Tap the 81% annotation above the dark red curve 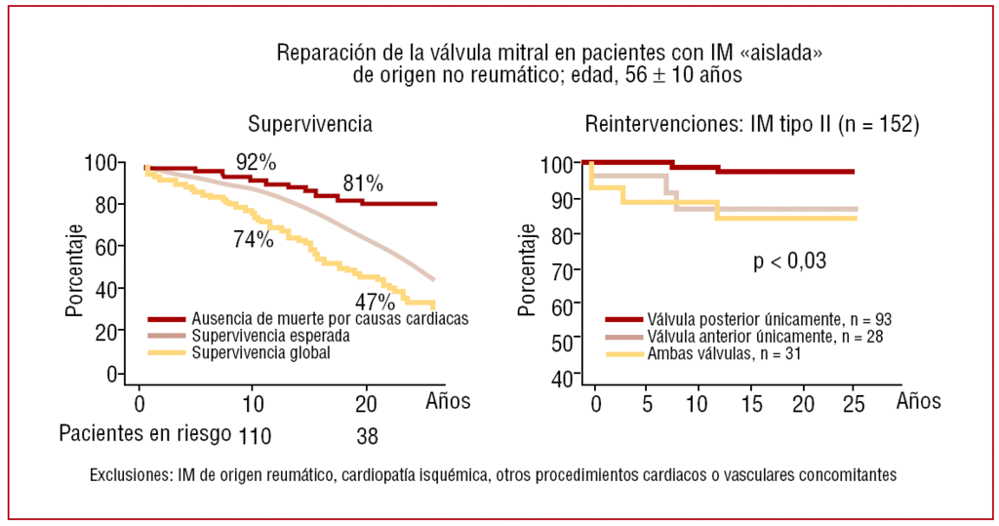pyautogui.click(x=362, y=183)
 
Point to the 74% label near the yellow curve pyautogui.click(x=254, y=240)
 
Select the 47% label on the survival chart pyautogui.click(x=374, y=301)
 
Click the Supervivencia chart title pyautogui.click(x=309, y=125)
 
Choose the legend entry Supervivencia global pyautogui.click(x=261, y=353)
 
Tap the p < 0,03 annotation pyautogui.click(x=789, y=261)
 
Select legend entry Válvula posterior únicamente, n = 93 pyautogui.click(x=769, y=319)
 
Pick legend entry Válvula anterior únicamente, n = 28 pyautogui.click(x=765, y=337)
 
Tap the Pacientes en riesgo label pyautogui.click(x=145, y=433)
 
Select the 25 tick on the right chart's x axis pyautogui.click(x=853, y=401)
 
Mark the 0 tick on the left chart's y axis pyautogui.click(x=113, y=375)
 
